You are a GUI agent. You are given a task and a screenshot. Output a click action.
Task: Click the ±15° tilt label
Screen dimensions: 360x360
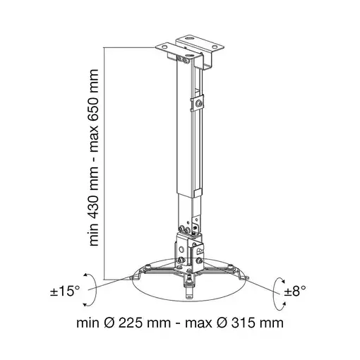click(x=65, y=292)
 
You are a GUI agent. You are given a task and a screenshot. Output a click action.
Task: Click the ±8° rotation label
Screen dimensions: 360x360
click(x=295, y=292)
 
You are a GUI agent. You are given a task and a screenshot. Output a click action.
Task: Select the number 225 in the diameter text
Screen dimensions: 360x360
click(x=131, y=323)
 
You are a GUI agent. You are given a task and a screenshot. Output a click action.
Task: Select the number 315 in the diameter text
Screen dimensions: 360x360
click(x=243, y=323)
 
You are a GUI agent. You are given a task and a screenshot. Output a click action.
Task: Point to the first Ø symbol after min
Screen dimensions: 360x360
click(x=109, y=323)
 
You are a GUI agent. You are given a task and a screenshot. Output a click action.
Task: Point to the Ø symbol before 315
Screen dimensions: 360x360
click(x=222, y=323)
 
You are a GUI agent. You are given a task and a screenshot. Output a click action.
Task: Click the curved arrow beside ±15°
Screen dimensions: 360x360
click(x=96, y=290)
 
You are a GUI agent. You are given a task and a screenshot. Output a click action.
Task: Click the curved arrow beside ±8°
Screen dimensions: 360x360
click(x=273, y=294)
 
